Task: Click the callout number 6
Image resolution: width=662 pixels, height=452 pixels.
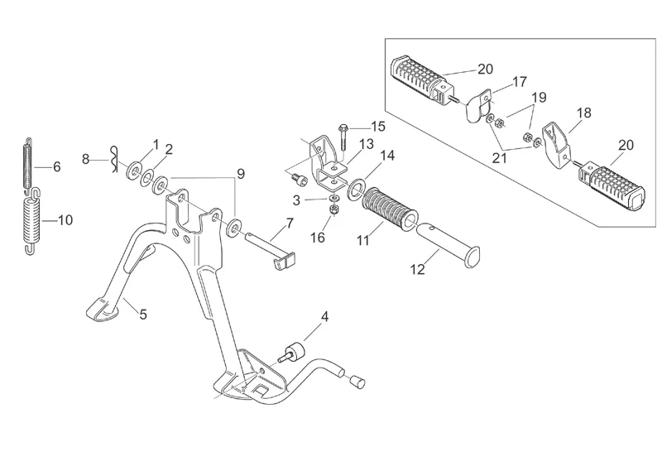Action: [x=56, y=167]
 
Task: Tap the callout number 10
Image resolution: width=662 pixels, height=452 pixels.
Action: [x=65, y=220]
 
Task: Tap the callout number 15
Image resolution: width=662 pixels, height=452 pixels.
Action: [x=377, y=127]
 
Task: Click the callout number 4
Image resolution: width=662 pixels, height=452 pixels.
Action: [x=324, y=316]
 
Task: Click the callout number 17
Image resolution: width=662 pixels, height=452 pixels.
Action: [x=519, y=82]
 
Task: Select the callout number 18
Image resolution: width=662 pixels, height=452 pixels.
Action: [x=583, y=113]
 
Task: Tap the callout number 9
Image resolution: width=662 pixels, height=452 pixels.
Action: [x=241, y=174]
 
